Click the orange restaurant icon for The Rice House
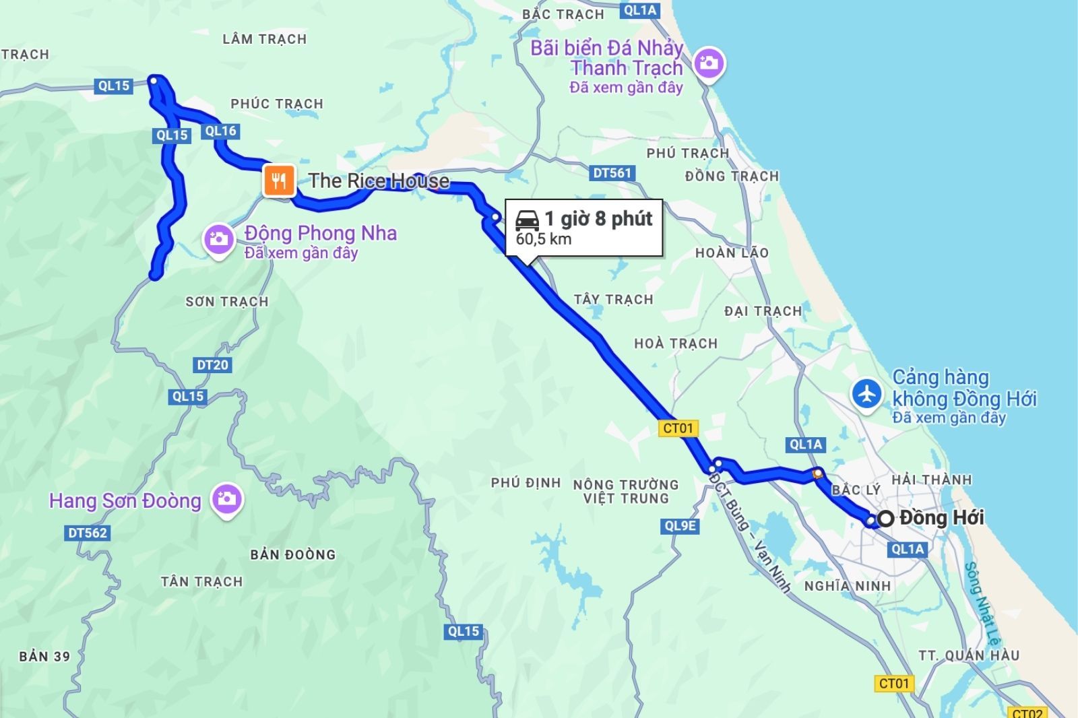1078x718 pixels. (x=279, y=180)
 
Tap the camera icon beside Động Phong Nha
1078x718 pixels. (x=218, y=239)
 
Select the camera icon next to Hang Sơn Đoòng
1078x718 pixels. (x=226, y=499)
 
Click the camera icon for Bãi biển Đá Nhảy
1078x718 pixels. (x=708, y=64)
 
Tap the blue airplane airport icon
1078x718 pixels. (x=866, y=393)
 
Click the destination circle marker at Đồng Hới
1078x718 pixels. (x=886, y=518)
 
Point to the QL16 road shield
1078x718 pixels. (x=220, y=131)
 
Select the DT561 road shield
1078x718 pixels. (x=612, y=173)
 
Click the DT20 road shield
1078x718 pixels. (x=213, y=365)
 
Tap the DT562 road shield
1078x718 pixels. (x=88, y=533)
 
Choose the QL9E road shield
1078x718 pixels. (x=680, y=525)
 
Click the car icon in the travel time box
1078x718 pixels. (x=527, y=220)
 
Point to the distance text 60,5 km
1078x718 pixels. (x=544, y=239)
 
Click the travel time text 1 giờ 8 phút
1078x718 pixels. (x=598, y=219)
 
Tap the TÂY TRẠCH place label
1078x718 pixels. (x=613, y=300)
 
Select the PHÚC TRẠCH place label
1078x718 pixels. (x=277, y=104)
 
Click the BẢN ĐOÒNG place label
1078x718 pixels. (x=292, y=555)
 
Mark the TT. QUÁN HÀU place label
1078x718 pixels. (x=969, y=655)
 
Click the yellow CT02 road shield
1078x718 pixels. (x=1027, y=713)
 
